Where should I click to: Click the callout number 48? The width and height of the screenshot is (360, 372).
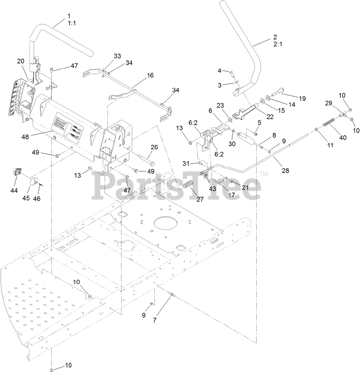click(26, 136)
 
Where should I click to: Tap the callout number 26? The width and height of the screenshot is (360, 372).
click(154, 147)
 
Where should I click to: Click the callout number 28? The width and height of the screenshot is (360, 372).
click(285, 170)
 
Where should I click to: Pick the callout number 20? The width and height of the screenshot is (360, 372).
click(21, 61)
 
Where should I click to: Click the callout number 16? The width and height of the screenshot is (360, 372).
click(150, 76)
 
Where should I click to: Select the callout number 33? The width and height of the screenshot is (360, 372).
click(117, 56)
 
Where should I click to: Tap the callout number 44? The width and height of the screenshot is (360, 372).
click(14, 191)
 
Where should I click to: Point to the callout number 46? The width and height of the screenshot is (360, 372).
click(37, 198)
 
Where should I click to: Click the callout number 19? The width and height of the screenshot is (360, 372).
click(302, 99)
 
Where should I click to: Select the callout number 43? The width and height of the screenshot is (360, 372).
click(213, 189)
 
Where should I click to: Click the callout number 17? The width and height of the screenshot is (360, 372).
click(231, 195)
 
